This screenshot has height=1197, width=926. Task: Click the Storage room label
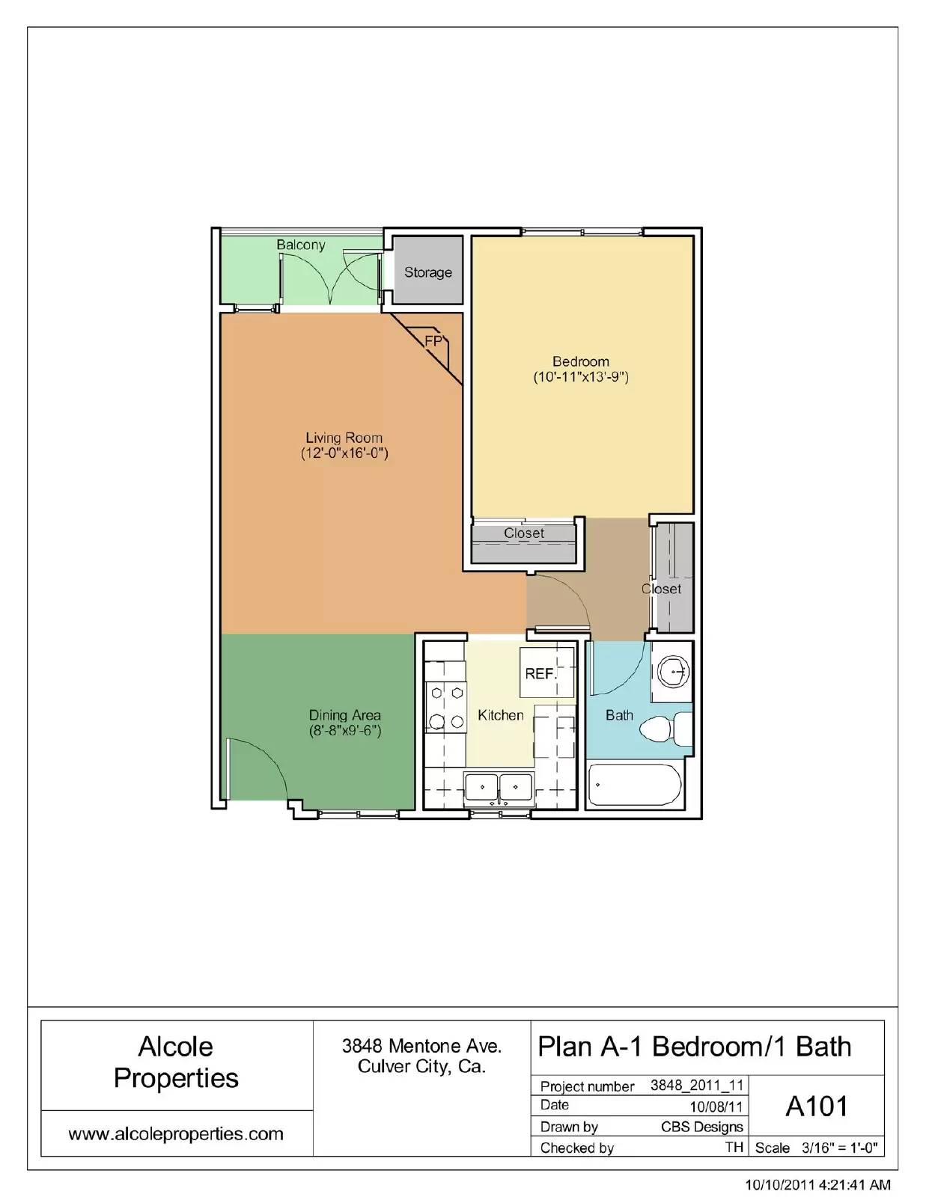click(x=427, y=272)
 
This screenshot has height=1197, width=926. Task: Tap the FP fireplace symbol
click(x=433, y=341)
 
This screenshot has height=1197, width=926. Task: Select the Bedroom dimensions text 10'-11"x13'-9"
click(x=580, y=377)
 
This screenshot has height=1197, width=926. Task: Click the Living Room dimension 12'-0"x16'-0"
click(x=344, y=453)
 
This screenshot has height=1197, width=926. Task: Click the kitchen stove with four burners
click(x=445, y=707)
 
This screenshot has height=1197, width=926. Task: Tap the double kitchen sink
click(x=498, y=788)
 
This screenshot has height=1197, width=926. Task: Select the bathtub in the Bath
click(x=635, y=786)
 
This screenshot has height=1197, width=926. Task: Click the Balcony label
click(x=300, y=245)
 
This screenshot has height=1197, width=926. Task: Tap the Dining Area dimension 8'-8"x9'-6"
click(x=345, y=731)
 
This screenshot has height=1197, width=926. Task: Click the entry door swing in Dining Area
click(x=258, y=767)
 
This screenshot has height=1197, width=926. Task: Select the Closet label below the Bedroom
click(x=523, y=533)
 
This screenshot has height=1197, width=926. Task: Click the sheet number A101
click(x=816, y=1106)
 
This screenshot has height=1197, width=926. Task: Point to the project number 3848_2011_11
click(x=696, y=1085)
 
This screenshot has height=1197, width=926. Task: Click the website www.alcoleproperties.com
click(x=176, y=1133)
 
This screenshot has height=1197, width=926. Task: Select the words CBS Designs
click(x=701, y=1127)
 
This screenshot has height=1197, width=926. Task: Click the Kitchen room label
click(x=500, y=715)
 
